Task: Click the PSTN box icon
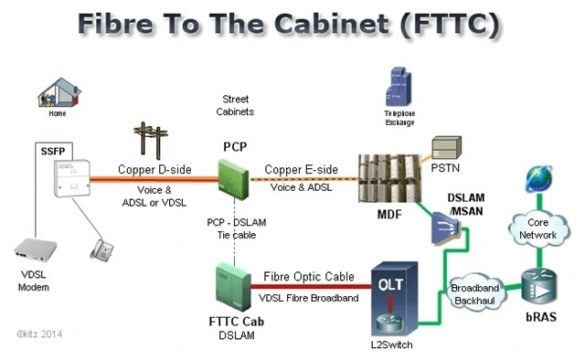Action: (x=448, y=147)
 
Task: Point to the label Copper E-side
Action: (x=301, y=171)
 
